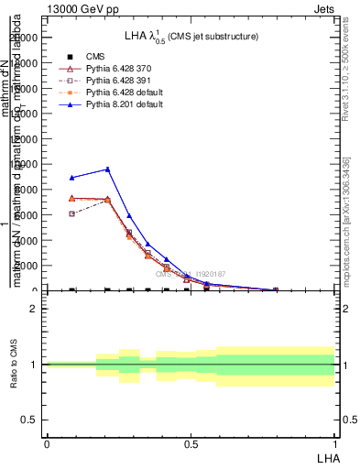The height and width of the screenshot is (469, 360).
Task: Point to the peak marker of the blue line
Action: coord(108,169)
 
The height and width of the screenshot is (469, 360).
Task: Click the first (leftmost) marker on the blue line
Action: coord(71,178)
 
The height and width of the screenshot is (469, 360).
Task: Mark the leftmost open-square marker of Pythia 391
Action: coord(71,213)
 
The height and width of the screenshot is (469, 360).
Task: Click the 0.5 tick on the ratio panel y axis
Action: coord(29,420)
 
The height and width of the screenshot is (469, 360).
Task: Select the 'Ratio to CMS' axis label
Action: coord(13,364)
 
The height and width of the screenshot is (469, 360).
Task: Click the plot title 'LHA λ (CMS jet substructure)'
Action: coord(191,37)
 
